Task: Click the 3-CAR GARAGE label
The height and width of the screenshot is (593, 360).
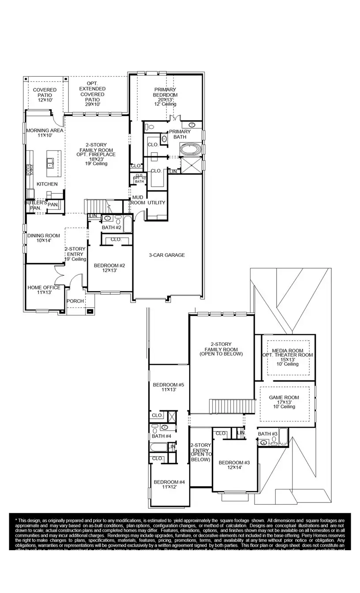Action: (x=167, y=255)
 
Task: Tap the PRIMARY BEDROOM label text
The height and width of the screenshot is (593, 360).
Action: (x=165, y=92)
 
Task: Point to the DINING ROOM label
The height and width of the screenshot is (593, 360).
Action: (x=43, y=236)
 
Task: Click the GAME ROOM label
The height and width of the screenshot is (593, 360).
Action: (x=284, y=398)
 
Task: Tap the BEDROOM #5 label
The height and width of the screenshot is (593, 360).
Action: (x=168, y=385)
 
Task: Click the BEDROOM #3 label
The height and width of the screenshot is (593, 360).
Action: (x=234, y=463)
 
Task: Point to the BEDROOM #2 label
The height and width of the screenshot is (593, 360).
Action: (x=109, y=266)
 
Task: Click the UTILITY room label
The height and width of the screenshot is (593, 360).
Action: (x=157, y=203)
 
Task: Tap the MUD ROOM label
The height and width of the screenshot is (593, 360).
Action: (x=137, y=200)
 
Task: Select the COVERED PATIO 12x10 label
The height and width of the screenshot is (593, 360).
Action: (x=45, y=93)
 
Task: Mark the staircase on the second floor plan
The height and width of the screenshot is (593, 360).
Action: (x=232, y=405)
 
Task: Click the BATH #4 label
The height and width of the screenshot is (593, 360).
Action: (x=161, y=436)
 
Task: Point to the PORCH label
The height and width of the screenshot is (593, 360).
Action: (x=75, y=301)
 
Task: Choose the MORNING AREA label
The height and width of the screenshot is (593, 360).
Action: (x=45, y=131)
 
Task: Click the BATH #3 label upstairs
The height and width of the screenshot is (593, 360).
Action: (x=267, y=434)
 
